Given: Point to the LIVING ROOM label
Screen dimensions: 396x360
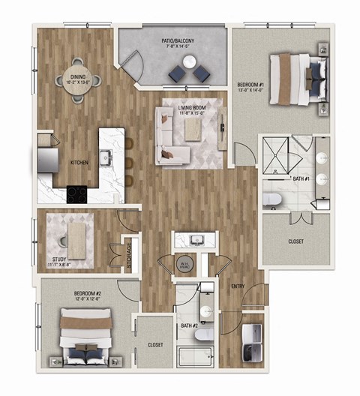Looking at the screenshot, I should pos(193,110).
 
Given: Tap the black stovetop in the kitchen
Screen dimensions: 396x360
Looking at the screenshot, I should pos(76,193).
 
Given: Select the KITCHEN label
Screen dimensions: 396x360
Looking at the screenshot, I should pos(80,163).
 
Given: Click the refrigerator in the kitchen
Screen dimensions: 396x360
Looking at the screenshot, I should pos(42,160).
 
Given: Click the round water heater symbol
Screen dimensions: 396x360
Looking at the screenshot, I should pos(185,264).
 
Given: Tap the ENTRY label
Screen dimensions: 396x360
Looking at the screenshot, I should pos(237,286).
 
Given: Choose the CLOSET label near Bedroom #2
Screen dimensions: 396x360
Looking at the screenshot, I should pos(155,346).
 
